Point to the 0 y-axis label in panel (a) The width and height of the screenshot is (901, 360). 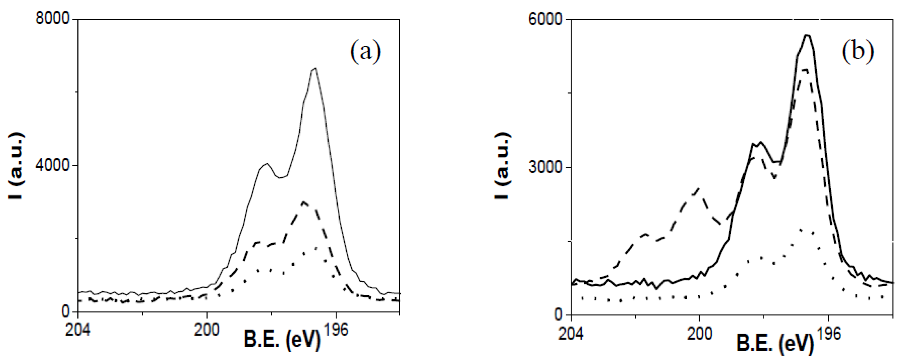65,311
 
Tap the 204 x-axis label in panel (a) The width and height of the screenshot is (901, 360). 77,330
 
